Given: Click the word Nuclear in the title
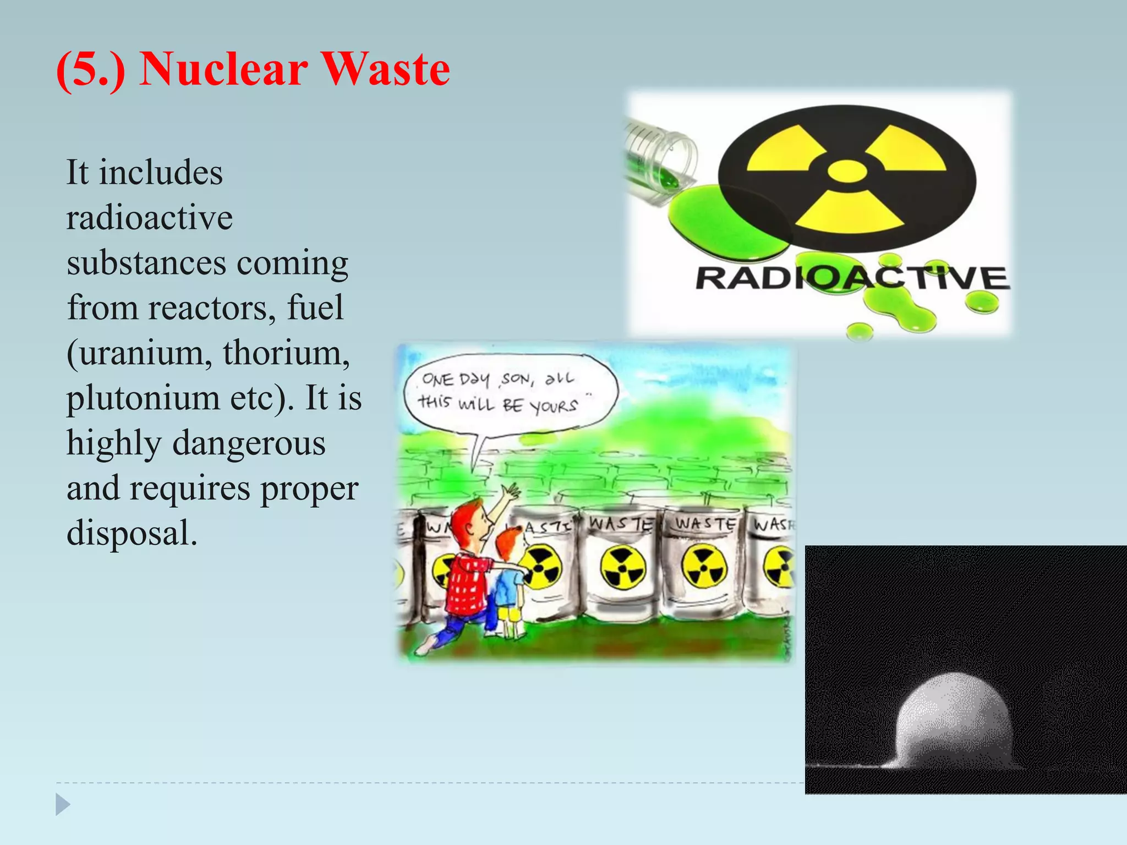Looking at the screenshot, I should [223, 69].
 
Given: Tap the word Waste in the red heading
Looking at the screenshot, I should [385, 69].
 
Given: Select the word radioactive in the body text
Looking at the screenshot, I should [150, 218].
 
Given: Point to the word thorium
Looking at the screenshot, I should [286, 353].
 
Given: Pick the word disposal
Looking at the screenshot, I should [132, 533].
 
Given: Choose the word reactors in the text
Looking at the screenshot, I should [211, 308].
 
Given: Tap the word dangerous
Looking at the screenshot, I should [249, 443].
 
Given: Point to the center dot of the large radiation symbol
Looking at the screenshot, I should [847, 171].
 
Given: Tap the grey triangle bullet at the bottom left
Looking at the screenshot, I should [63, 804].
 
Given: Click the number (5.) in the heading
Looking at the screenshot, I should [91, 69].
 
